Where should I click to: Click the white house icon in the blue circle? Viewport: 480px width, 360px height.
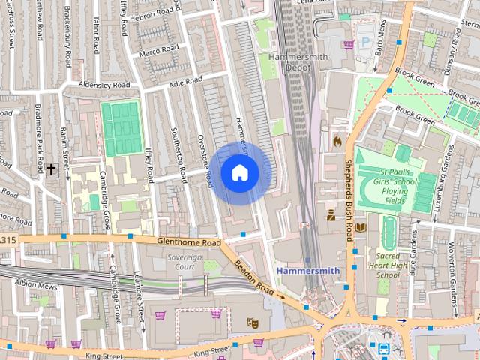coord(239,173)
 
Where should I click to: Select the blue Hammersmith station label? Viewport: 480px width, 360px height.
coord(307,270)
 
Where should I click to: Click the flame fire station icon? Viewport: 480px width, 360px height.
coord(337,140)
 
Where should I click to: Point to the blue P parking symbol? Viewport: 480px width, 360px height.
coord(366,43)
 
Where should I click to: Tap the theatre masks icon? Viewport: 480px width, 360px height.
coord(253,322)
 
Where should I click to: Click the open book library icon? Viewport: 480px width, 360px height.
coord(361,226)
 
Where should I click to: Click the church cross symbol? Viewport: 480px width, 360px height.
coord(51,169)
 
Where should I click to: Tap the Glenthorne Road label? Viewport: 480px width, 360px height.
coord(189,243)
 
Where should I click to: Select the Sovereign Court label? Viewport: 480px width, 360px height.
coord(184,262)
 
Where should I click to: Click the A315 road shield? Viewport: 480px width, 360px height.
coord(6,240)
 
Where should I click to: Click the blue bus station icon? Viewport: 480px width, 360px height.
coord(383,349)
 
